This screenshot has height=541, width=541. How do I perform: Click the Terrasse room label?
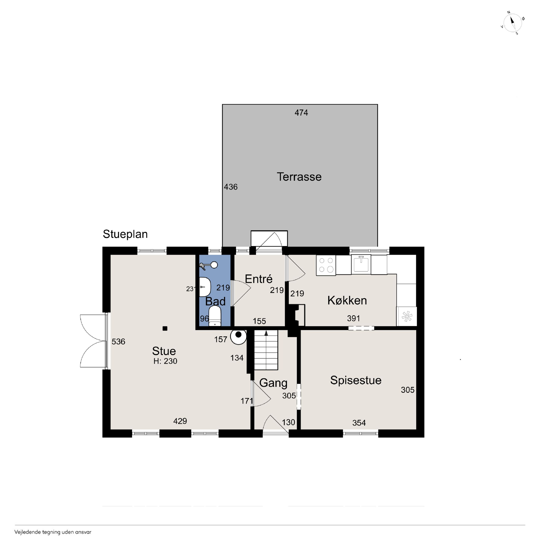(299, 177)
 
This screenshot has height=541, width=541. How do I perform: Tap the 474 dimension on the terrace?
(301, 113)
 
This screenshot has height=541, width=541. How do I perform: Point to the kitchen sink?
(361, 264)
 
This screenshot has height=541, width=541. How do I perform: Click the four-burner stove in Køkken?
(326, 265)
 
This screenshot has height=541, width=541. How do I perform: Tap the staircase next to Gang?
(266, 350)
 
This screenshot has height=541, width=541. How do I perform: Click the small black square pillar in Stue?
(165, 329)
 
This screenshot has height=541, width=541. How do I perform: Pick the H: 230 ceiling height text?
(165, 361)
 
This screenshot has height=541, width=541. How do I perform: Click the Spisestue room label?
(356, 380)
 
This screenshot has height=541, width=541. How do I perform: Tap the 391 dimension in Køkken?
(354, 318)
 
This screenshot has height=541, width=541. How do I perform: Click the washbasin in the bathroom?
(205, 287)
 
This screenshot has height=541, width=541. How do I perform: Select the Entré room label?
(259, 279)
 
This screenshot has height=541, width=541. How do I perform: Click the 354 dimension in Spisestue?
(359, 423)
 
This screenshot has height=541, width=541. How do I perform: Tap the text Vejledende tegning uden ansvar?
(53, 532)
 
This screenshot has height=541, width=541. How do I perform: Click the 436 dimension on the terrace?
(231, 187)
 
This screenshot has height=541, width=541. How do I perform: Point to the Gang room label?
(274, 383)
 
